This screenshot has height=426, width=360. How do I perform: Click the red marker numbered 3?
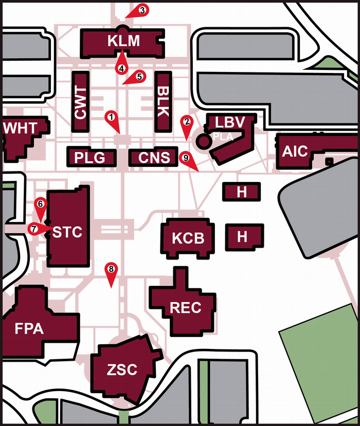tap(142, 10)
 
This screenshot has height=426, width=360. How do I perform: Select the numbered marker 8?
tap(110, 269)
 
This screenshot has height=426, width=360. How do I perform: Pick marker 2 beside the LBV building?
tap(186, 122)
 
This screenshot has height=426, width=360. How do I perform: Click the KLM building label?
tap(123, 41)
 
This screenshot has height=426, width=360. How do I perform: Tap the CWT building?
tap(80, 102)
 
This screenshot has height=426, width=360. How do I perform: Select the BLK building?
tap(163, 102)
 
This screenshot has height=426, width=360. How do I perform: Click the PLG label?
tap(89, 157)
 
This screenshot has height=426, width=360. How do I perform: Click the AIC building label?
tap(295, 151)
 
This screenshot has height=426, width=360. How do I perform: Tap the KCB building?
tap(188, 238)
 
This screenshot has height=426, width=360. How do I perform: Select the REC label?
tap(185, 308)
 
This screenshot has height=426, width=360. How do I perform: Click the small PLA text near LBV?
tap(223, 137)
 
